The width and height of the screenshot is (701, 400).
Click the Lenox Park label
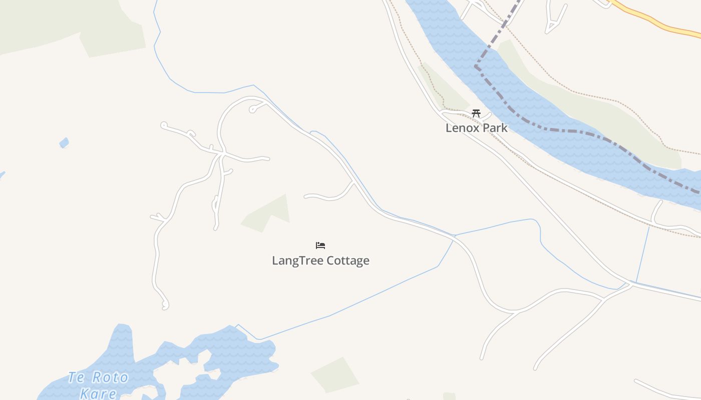[476, 128]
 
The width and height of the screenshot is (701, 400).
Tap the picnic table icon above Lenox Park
[476, 113]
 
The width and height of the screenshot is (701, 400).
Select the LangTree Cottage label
[320, 260]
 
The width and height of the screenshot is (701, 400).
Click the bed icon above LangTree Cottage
[320, 245]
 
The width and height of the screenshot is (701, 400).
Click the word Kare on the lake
[98, 393]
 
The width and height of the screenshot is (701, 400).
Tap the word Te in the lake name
[76, 376]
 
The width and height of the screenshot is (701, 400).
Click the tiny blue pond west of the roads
[64, 143]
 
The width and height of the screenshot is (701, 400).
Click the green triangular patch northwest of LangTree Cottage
[268, 215]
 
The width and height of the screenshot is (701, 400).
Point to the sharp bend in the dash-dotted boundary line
[476, 66]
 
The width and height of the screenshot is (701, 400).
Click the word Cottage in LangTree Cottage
[347, 260]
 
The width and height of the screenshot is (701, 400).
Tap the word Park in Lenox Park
[494, 128]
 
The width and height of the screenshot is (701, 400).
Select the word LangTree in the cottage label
[297, 260]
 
